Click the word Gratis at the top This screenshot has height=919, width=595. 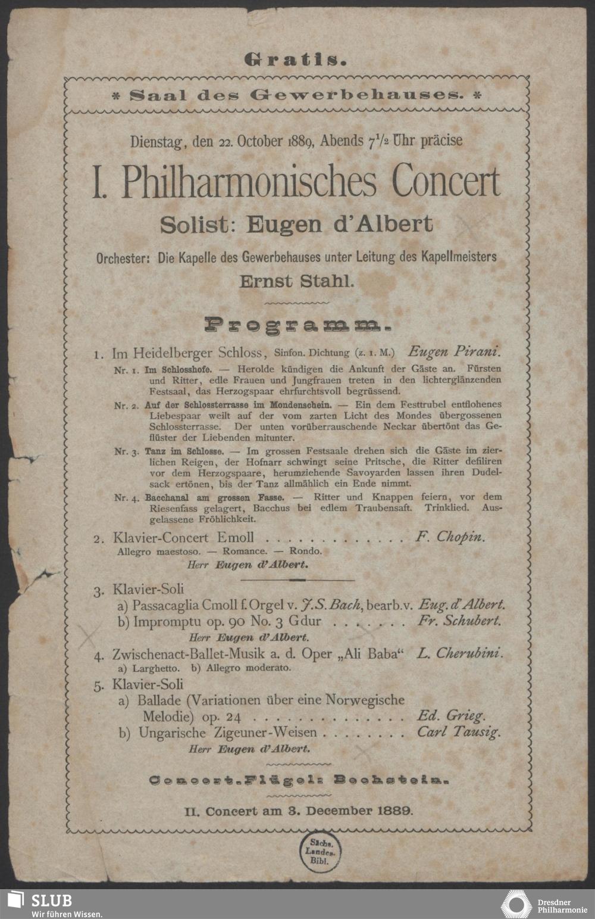[296, 60]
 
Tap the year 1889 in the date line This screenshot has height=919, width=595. [300, 142]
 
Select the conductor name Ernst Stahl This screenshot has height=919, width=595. [296, 281]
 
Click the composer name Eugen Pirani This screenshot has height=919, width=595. [455, 351]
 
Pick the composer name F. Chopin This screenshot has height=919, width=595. [450, 537]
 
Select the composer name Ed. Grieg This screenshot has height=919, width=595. [451, 716]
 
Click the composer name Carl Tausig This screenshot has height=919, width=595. [459, 732]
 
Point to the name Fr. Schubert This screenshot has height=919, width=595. [459, 621]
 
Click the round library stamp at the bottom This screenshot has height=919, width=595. [321, 852]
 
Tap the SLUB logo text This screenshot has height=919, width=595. [51, 900]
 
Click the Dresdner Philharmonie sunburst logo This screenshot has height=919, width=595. [516, 904]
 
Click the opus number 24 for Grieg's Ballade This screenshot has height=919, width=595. [233, 716]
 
